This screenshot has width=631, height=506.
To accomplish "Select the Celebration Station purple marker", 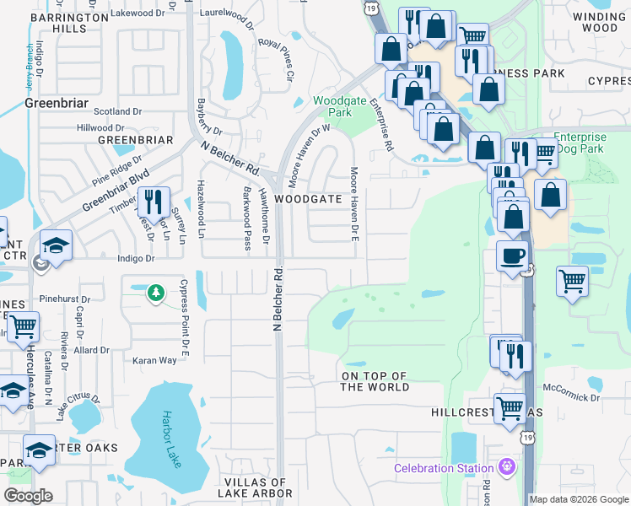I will point(506,466).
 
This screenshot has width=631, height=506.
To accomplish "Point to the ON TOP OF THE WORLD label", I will point(375,381).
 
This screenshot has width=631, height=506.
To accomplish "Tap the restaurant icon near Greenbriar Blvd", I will point(154,202).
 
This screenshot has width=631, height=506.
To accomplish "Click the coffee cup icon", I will point(513,256).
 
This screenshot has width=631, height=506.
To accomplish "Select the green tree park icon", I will point(155,293).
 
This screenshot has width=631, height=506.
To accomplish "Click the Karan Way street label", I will point(154,360).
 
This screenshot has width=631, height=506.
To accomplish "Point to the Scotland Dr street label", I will point(117,111).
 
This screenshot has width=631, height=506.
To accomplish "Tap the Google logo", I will point(28,496).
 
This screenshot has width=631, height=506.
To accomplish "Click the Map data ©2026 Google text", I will point(579,499).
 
